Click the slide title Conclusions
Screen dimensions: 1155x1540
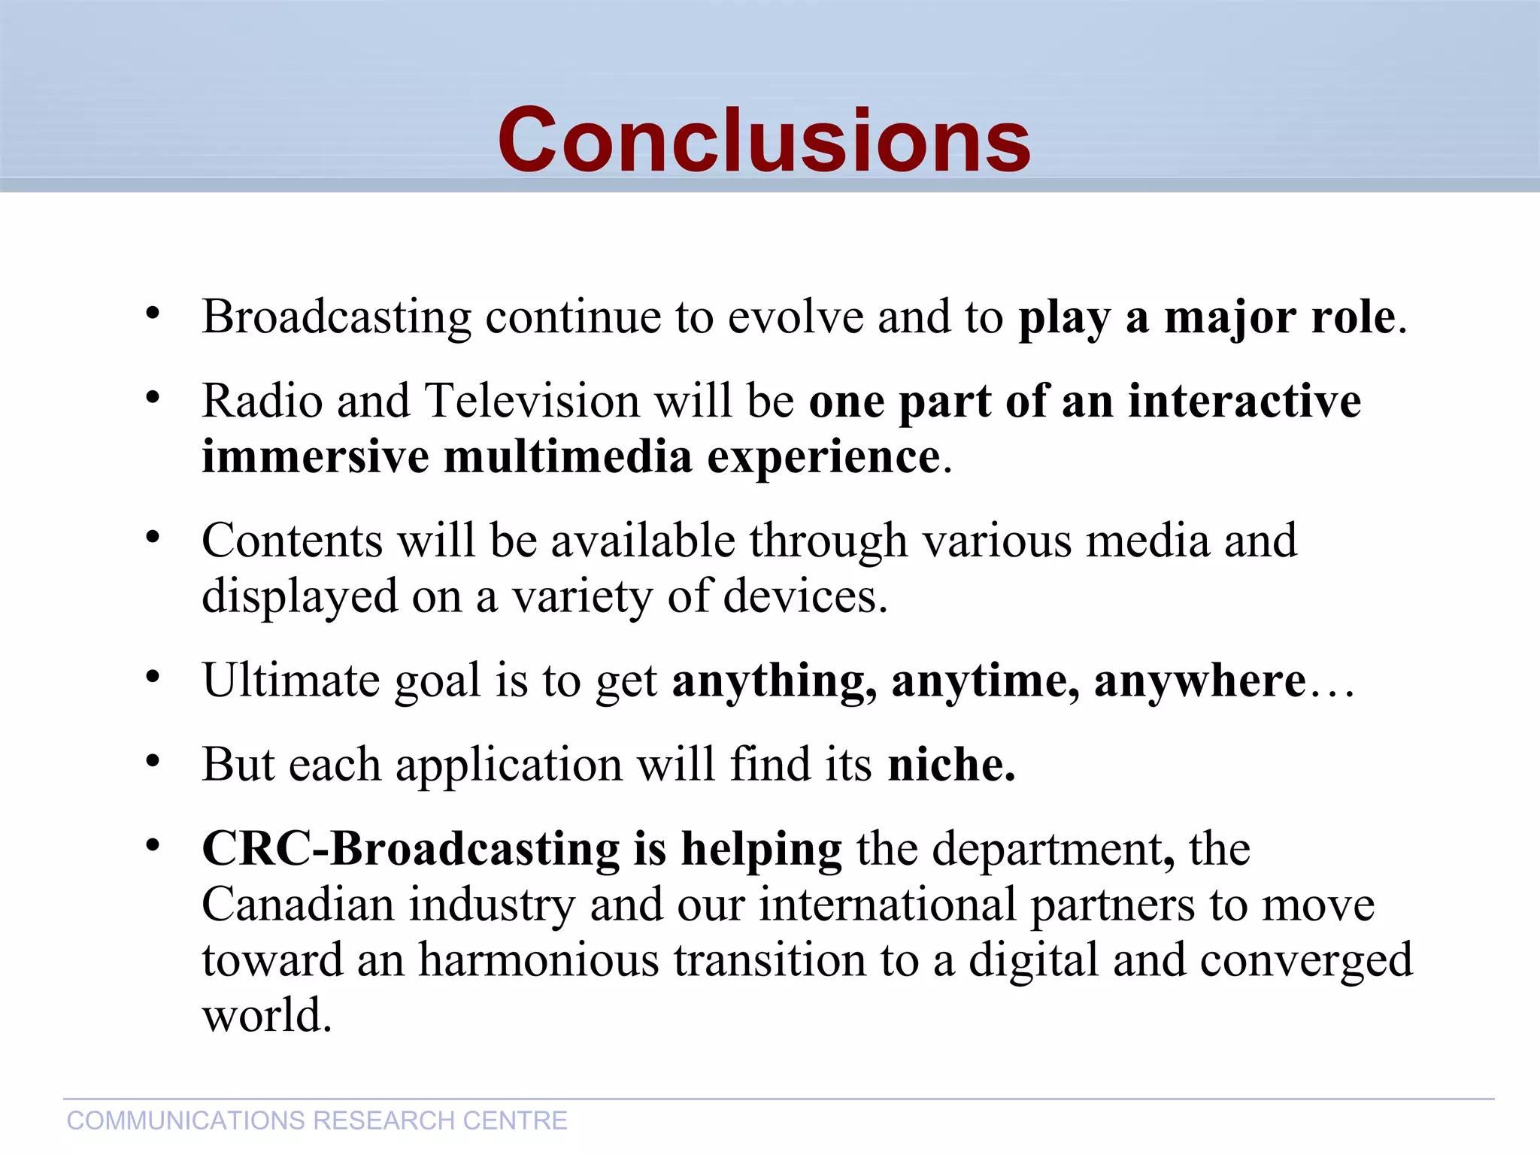point(763,141)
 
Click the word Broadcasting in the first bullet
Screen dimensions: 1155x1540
point(336,317)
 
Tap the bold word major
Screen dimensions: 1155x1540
point(1230,317)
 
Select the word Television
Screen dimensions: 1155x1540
point(532,401)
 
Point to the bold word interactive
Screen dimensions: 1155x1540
point(1244,401)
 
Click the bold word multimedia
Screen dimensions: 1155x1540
point(568,457)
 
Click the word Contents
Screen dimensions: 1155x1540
point(292,541)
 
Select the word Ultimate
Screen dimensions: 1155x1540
point(290,681)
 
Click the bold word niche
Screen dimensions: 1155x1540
point(950,765)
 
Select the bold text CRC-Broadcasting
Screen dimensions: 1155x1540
point(411,850)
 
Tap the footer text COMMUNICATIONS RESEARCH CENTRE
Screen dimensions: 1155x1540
point(317,1120)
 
